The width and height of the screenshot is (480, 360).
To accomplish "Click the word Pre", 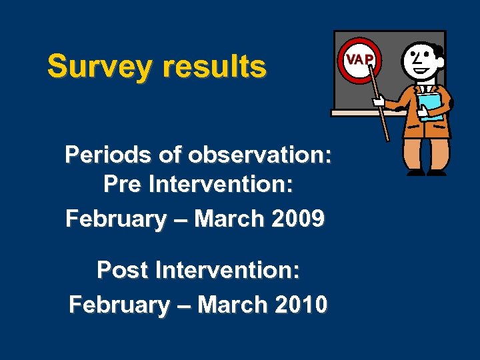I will pos(121,185).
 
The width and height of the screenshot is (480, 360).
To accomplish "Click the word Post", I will pos(123,271).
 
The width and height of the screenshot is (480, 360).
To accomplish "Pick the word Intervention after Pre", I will pos(221,185).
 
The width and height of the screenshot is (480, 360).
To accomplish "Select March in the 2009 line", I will pos(230,219).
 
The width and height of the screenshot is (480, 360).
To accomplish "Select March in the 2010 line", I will pos(233,305).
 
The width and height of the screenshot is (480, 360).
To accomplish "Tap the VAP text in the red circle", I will pos(359,59).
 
